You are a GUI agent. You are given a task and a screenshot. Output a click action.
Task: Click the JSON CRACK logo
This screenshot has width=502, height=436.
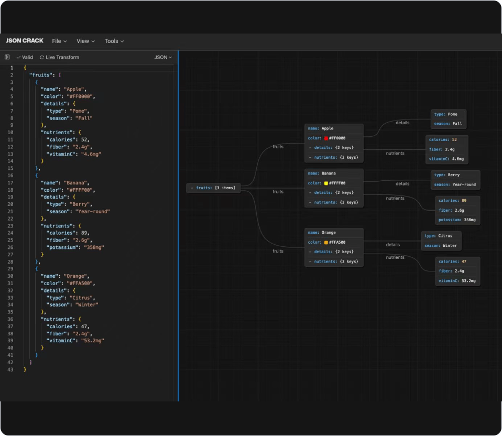pos(25,41)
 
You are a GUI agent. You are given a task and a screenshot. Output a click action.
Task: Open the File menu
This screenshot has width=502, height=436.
pos(60,41)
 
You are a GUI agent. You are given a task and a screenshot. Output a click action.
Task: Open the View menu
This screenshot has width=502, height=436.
pos(85,41)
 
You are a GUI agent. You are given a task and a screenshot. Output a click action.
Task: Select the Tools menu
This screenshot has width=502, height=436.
pos(114,41)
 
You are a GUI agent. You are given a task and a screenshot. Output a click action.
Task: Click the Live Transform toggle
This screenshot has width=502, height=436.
pos(60,57)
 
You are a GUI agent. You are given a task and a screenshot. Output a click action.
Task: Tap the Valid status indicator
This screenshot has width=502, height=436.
pos(25,57)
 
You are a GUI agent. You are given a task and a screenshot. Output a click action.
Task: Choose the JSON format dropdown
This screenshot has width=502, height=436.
pos(163,57)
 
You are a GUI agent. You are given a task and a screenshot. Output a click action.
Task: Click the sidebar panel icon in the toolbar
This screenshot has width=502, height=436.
pos(7,57)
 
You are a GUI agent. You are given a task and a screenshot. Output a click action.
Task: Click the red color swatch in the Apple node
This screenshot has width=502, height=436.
pos(326,138)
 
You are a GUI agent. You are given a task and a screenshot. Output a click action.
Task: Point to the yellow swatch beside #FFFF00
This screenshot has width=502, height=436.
pos(326,183)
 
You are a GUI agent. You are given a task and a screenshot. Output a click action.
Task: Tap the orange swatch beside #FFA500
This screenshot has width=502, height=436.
pos(326,243)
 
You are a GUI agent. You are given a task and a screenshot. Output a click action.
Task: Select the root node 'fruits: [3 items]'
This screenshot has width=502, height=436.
pos(214,188)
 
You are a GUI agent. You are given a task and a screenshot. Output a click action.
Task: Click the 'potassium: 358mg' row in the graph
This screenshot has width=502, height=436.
pos(457,220)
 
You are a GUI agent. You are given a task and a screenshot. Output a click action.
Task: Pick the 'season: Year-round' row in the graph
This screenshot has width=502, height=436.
pos(455,184)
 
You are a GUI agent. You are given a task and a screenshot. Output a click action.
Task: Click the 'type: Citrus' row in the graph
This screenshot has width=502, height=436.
pos(438,236)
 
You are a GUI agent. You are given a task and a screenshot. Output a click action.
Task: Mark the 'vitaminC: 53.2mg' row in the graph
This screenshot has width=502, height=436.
pos(457,281)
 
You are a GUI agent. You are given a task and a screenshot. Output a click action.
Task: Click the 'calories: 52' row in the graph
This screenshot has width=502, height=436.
pos(443,139)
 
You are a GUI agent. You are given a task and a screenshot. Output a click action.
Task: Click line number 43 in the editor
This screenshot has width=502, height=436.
pos(10,370)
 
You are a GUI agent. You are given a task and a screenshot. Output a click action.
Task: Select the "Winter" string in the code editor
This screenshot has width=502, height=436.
pos(87,305)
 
